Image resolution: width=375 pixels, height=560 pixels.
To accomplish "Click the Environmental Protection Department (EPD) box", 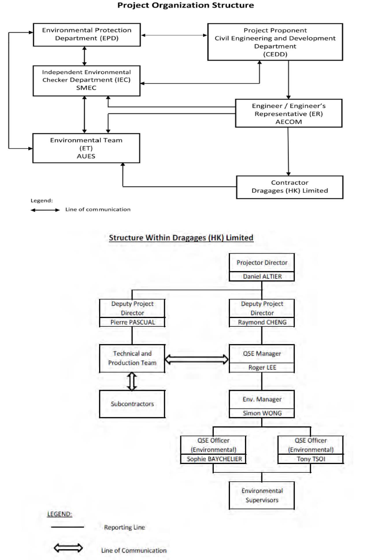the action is coord(87,35).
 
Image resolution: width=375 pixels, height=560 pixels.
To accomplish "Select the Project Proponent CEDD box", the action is coord(275,42).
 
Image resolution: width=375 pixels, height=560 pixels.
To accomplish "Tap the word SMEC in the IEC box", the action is coord(86,88).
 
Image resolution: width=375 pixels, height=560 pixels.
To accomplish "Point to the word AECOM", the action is coord(289,122).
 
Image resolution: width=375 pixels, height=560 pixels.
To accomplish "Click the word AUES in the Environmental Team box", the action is coord(86,156).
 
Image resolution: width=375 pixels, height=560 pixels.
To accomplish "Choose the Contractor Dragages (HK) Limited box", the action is coord(290,187).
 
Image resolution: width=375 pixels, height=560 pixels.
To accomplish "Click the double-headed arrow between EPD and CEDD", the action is coord(174,35).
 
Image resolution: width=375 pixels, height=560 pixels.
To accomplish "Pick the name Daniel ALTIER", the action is coord(262,276).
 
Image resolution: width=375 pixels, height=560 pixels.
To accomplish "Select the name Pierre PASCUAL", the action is coord(133,322).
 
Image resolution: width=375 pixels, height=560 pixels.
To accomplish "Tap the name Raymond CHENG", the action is coord(262,322).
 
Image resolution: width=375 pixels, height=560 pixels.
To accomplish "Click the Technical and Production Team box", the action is coord(132,358).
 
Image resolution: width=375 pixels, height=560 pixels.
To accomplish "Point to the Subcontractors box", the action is coord(132,404).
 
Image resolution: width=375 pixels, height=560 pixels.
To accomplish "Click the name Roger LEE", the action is coord(262,367).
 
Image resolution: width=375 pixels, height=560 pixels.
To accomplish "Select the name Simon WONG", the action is coord(262,413).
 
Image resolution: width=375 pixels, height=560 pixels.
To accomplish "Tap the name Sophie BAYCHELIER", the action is coord(214,459).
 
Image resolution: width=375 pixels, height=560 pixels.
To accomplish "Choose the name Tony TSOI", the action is coord(311,459).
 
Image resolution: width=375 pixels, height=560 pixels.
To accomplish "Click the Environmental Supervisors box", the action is coord(262,496).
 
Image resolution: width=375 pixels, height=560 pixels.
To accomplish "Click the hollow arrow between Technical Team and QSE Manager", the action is coord(196,359).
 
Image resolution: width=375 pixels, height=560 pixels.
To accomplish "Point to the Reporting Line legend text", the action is coord(125,527).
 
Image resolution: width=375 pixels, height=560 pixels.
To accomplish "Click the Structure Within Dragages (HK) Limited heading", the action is coord(181,238).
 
